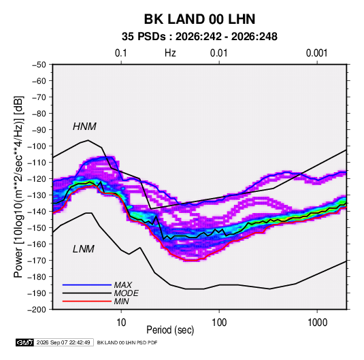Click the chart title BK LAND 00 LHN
199,19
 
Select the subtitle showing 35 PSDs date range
199,37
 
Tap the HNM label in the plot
84,127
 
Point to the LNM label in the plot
84,249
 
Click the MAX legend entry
122,284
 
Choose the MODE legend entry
127,293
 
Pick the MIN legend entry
121,301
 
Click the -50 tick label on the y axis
39,65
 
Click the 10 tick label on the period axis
121,323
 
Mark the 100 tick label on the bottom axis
219,323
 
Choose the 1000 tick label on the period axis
317,323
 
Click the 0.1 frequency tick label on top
121,53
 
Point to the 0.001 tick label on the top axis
316,53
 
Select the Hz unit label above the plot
170,53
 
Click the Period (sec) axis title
170,330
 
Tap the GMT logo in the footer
25,342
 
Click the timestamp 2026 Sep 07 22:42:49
63,342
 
